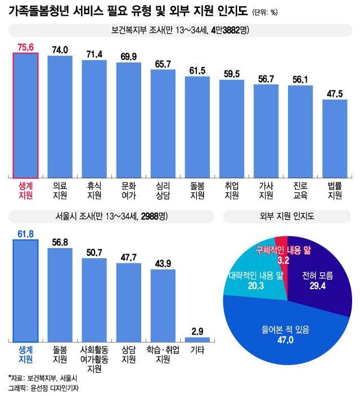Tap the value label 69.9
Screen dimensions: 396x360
[129, 57]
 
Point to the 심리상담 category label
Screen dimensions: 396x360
[163, 191]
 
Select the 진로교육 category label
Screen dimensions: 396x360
[301, 191]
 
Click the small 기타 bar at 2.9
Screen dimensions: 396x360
[197, 339]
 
